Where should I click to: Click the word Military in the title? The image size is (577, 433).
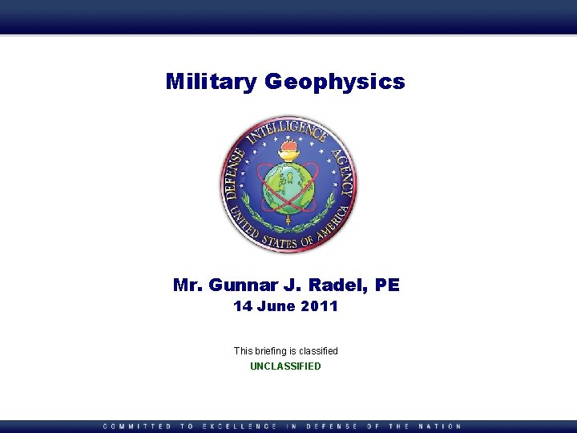pos(212,81)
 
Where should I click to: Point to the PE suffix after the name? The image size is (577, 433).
pos(388,285)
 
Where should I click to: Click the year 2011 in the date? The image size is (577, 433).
pos(320,306)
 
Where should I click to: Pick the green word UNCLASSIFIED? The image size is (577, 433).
pos(285,366)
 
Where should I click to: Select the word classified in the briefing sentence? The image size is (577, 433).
pos(319,351)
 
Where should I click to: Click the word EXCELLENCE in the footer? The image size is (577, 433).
pos(240,427)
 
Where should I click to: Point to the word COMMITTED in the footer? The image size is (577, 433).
pos(137,427)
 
